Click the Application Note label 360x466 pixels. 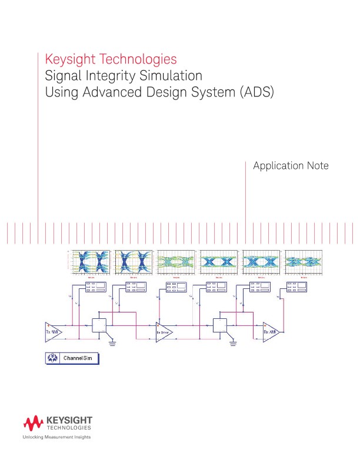coord(290,166)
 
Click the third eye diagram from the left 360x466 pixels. coord(176,262)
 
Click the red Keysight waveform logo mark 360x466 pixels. coord(32,422)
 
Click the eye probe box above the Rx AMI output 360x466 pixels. coord(296,287)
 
